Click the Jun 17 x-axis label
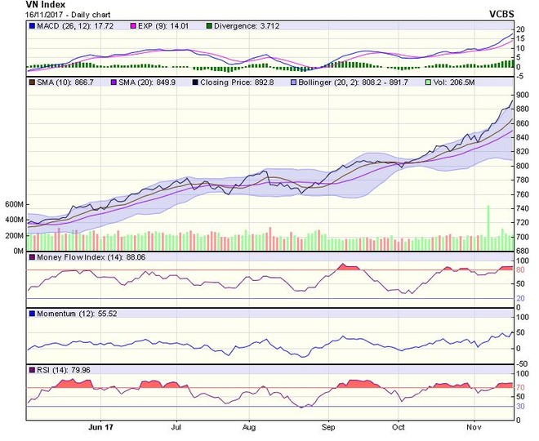(x=100, y=427)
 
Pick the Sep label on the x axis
(x=327, y=427)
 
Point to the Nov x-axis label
(x=473, y=427)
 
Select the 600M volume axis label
(x=12, y=204)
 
